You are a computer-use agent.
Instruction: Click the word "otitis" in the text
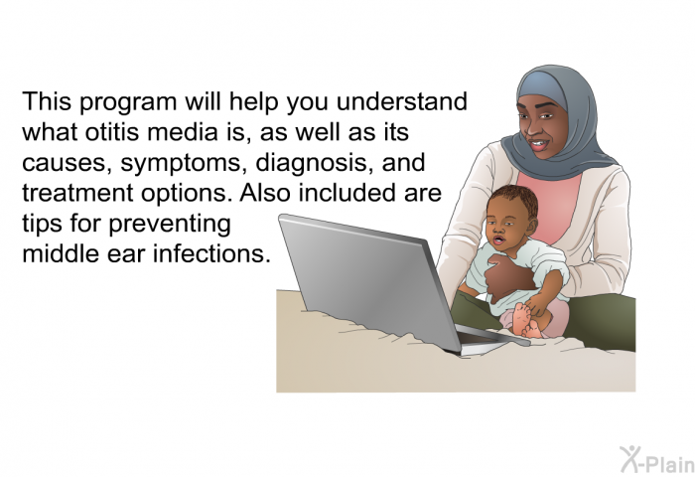111,132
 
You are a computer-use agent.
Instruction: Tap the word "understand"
401,101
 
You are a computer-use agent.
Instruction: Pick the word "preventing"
170,225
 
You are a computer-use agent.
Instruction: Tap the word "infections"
211,253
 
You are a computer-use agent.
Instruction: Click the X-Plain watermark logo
657,459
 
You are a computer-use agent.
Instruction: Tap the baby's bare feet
528,320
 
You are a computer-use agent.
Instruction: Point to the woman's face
542,124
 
